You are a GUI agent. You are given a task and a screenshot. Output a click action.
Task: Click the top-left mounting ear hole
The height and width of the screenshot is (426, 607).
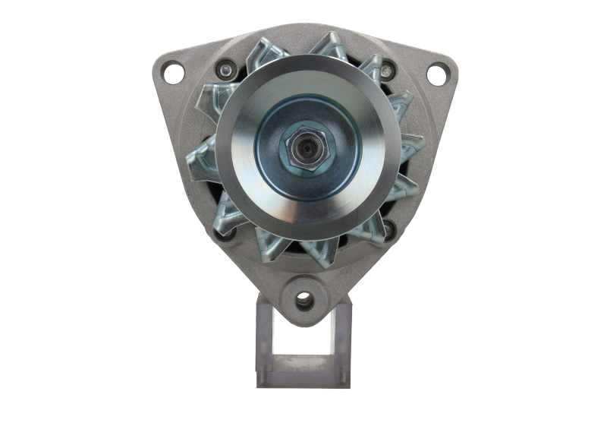click(173, 73)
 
